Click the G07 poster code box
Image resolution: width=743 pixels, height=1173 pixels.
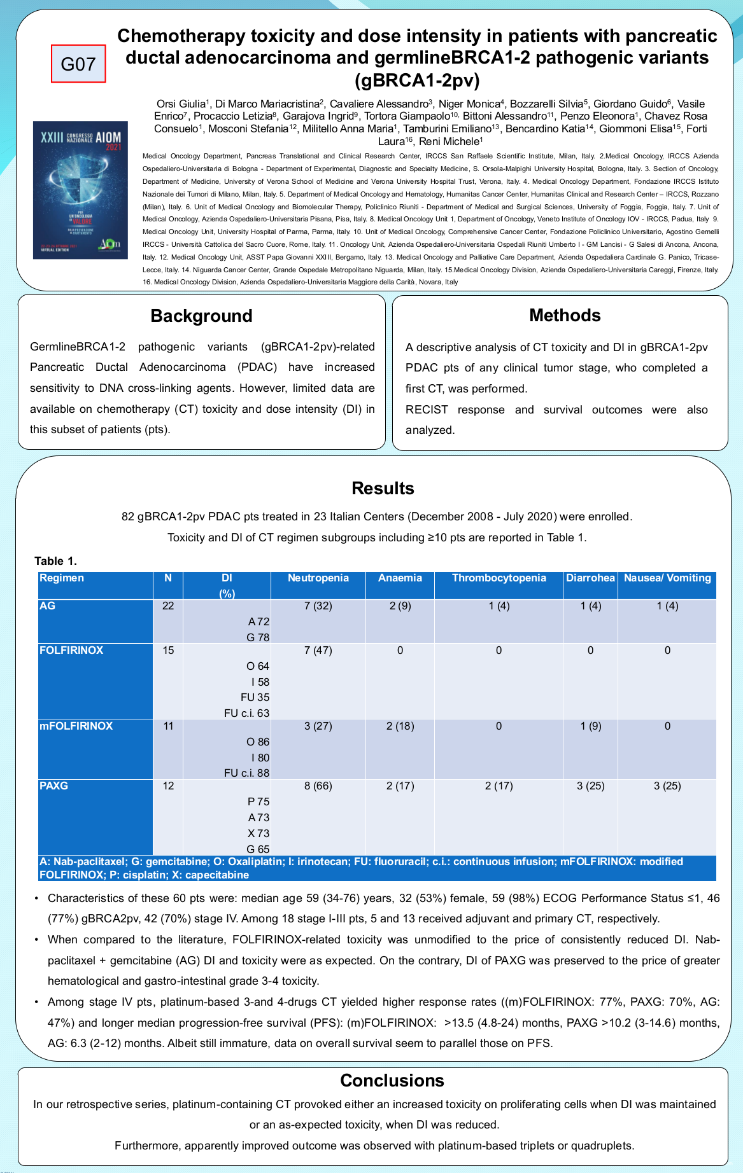click(78, 64)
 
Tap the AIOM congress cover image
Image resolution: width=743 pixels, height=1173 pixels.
click(80, 190)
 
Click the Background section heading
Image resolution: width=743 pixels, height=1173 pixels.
click(201, 316)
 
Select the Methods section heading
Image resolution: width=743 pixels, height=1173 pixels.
click(565, 316)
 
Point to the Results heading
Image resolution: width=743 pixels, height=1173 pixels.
click(383, 489)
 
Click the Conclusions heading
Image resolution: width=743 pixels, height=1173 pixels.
click(392, 1081)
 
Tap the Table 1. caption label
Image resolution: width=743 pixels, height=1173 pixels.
click(55, 561)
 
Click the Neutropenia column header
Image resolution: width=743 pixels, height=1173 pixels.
click(318, 578)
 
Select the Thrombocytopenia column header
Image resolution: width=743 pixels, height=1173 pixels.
click(499, 578)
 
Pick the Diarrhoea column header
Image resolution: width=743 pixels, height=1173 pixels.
click(590, 578)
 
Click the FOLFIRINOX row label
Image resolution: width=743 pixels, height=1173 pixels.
click(71, 651)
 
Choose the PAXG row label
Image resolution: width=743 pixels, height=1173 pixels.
click(54, 786)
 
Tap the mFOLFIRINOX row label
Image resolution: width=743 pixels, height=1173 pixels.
click(76, 726)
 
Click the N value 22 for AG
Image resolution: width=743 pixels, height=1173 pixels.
click(168, 606)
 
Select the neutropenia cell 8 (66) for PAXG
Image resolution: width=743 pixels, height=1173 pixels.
click(318, 786)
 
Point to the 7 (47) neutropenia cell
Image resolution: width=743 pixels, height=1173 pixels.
click(318, 651)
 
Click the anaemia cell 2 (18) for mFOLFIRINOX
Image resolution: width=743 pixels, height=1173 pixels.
click(400, 726)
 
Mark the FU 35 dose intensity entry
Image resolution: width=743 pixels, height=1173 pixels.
click(255, 698)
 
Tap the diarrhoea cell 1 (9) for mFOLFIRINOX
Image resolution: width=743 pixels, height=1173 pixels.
click(590, 726)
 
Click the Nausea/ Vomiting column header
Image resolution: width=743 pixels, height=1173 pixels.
click(667, 578)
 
